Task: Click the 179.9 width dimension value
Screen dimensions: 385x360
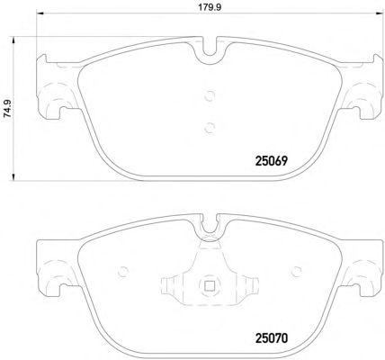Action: coord(210,7)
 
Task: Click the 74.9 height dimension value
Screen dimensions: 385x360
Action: coord(8,108)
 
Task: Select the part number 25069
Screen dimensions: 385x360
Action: coord(272,161)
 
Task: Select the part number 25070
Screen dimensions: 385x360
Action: coord(272,338)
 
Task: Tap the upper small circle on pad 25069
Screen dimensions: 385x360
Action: coord(210,96)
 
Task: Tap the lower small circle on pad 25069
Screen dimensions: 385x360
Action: coord(210,128)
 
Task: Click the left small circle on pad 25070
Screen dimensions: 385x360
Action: coord(122,272)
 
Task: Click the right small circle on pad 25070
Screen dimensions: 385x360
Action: coord(297,272)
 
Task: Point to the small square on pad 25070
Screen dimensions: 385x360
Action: coord(210,286)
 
